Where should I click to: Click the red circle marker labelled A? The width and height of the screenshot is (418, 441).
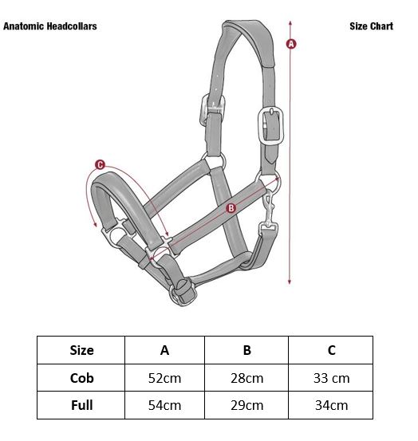[291, 44]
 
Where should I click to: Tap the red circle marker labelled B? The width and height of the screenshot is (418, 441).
[231, 208]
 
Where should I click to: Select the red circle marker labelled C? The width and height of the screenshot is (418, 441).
[100, 165]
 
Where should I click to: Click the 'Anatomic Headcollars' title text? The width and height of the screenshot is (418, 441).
[50, 26]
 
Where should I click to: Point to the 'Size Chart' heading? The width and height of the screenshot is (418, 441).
[371, 26]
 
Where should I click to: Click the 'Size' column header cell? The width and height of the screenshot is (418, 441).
[81, 350]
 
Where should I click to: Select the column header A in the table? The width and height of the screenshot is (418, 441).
[164, 350]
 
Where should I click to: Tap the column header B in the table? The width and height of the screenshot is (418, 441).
[246, 350]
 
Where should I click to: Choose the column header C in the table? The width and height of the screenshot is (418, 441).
[331, 350]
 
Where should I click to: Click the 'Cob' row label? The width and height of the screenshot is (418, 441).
[81, 378]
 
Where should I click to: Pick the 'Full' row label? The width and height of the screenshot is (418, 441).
[81, 405]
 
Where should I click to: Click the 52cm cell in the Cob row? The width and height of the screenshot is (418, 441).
[164, 378]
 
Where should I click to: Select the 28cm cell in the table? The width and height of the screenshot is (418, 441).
[246, 378]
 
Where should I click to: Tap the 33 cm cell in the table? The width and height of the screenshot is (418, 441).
[331, 378]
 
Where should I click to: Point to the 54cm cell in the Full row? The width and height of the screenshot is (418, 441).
[164, 405]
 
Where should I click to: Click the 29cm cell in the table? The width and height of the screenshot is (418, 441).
[246, 405]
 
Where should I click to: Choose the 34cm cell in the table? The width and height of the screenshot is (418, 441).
[331, 405]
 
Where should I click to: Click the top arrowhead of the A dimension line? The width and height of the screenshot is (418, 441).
[290, 23]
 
